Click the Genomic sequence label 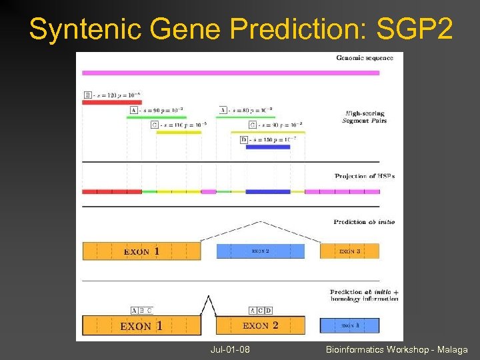point(365,58)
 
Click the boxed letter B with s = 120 point(87,95)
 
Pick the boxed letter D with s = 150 point(244,139)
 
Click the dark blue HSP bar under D point(267,147)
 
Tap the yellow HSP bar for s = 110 point(179,132)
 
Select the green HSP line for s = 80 point(246,117)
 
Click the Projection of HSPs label point(365,176)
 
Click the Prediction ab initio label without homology point(364,222)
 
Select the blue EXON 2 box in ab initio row point(260,251)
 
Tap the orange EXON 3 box point(349,251)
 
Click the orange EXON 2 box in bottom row point(260,326)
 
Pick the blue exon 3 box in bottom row point(349,326)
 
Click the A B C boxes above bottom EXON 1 point(142,310)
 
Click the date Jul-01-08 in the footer point(229,349)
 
